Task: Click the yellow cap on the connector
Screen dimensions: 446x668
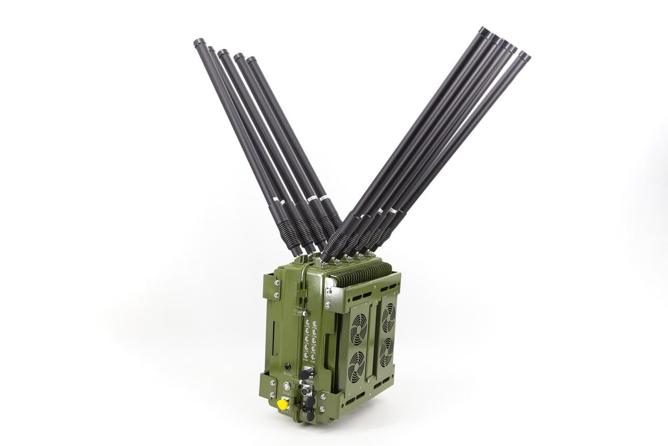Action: (282, 404)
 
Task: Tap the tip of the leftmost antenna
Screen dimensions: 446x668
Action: (199, 42)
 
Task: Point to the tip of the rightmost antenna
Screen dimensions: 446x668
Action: (524, 55)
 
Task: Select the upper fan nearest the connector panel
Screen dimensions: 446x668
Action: (359, 329)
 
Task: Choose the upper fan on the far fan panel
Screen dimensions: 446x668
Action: (388, 318)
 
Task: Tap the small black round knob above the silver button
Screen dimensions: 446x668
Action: (287, 367)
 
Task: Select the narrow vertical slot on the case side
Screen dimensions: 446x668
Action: (273, 337)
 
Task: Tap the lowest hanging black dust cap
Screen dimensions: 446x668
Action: (310, 416)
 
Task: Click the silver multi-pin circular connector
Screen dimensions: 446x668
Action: (306, 390)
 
